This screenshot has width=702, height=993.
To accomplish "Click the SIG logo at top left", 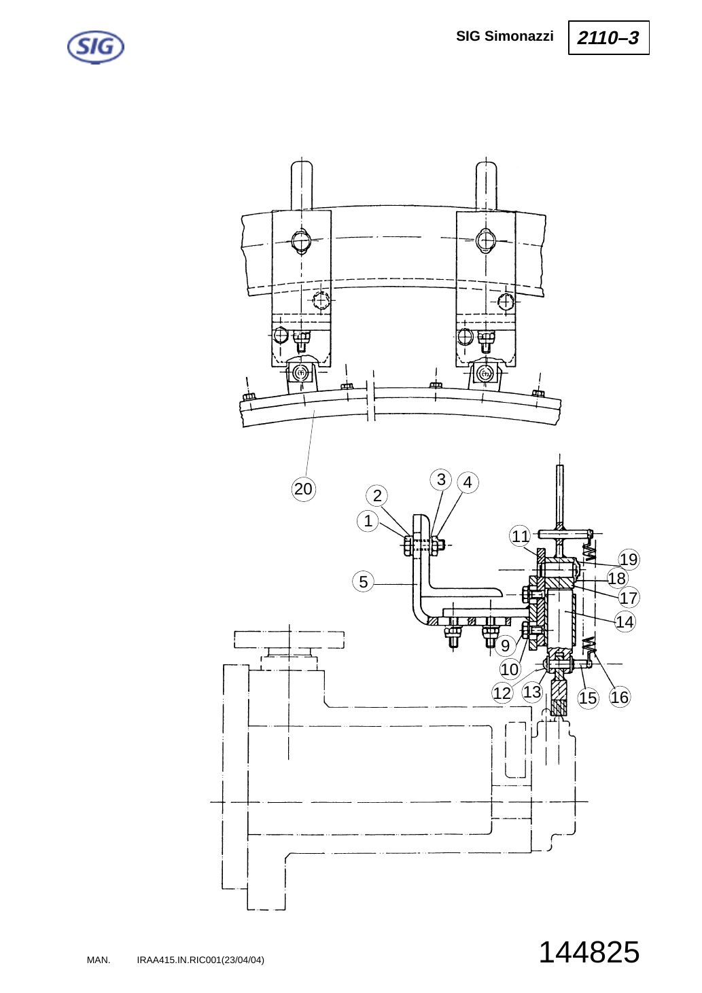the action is pyautogui.click(x=95, y=47).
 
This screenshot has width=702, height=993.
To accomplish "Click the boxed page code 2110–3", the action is pyautogui.click(x=608, y=37).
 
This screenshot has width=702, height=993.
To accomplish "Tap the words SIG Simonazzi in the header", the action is pyautogui.click(x=505, y=36).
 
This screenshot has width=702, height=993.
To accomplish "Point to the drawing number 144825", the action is pyautogui.click(x=589, y=952).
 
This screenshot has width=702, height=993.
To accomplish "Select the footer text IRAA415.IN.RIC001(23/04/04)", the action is pyautogui.click(x=200, y=960).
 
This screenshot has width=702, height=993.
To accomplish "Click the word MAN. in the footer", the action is pyautogui.click(x=99, y=960).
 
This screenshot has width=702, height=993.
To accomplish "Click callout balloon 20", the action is pyautogui.click(x=303, y=489).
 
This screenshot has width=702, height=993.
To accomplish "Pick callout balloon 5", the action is pyautogui.click(x=363, y=581).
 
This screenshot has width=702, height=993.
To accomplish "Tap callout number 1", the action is pyautogui.click(x=368, y=520).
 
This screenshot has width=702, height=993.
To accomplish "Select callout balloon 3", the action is pyautogui.click(x=441, y=480).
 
